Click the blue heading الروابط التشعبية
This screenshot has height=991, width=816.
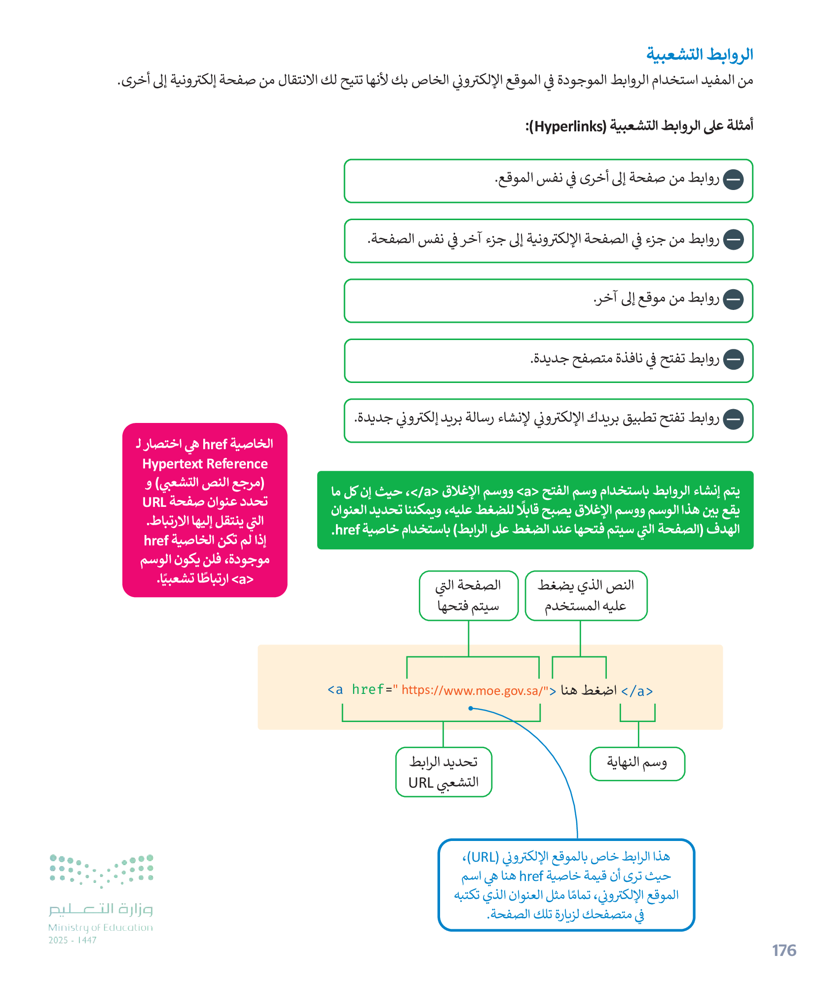[699, 54]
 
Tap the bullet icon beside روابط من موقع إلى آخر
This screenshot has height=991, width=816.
[733, 300]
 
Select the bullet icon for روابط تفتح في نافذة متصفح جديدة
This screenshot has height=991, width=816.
[733, 359]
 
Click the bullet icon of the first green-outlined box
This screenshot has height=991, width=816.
[733, 180]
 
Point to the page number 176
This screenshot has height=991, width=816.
[783, 950]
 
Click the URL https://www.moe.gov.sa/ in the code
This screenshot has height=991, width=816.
[472, 690]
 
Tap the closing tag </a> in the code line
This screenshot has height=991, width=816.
[637, 691]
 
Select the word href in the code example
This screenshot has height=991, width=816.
[368, 689]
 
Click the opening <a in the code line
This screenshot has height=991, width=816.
[335, 689]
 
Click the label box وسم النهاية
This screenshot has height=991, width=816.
[637, 763]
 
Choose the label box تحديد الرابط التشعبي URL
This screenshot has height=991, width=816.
[444, 772]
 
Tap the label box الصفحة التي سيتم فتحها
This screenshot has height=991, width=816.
[468, 595]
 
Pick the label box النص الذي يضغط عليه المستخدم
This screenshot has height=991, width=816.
[586, 595]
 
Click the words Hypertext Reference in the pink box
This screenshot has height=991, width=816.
[205, 464]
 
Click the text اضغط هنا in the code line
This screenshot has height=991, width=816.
[589, 690]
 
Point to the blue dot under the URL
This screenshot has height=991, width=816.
[471, 708]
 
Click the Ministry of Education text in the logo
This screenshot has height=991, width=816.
[101, 927]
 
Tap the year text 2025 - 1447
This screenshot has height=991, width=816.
[73, 940]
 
